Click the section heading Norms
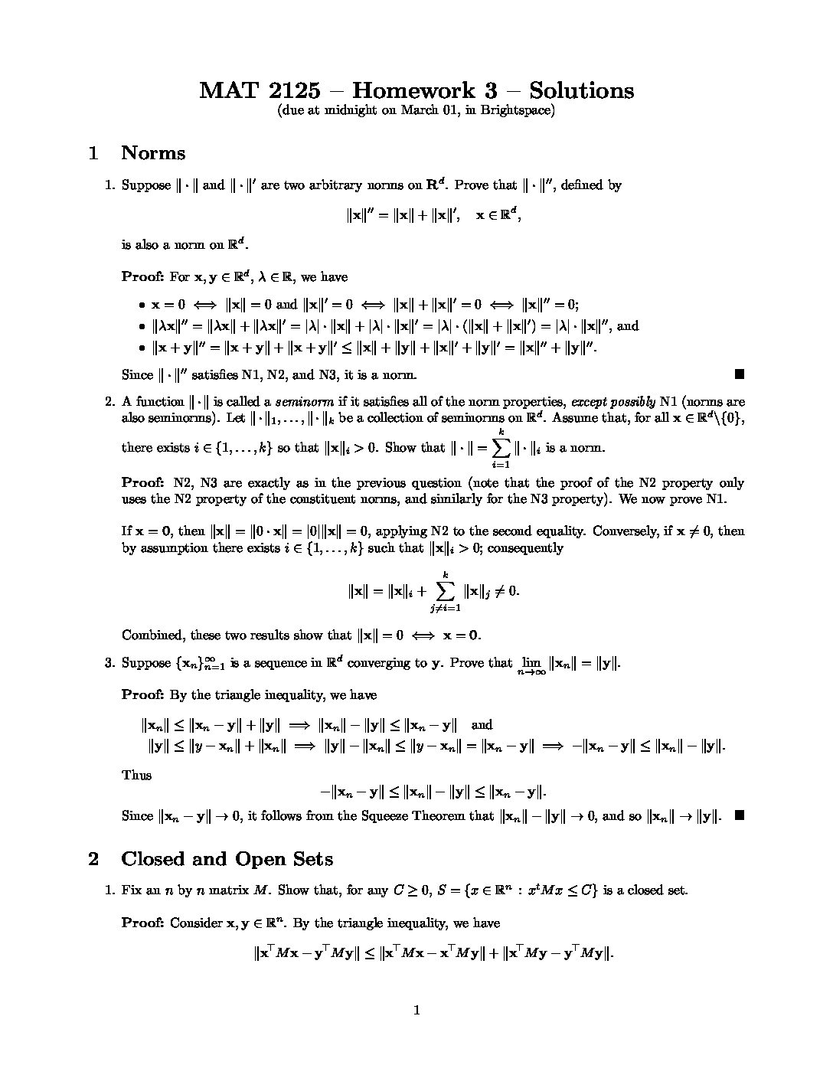coord(153,153)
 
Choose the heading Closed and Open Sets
coord(227,859)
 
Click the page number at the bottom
coord(416,1011)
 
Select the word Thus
coord(136,775)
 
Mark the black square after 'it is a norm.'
coord(739,374)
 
